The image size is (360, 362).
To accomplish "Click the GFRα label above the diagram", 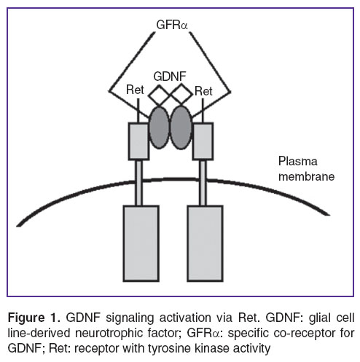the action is (x=172, y=25).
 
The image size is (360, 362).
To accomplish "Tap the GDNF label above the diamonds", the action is (x=170, y=76).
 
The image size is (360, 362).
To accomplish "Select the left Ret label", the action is (x=135, y=90).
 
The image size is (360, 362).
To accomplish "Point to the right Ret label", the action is (x=203, y=91).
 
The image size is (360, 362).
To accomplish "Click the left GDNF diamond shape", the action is (x=159, y=95).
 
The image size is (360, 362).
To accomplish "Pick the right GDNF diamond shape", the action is (x=181, y=94).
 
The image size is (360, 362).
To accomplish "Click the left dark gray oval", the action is (x=159, y=127).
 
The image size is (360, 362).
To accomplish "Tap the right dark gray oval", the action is (x=181, y=127).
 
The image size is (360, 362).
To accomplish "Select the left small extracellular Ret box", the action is (x=138, y=141).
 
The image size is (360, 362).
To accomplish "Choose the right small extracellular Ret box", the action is (x=203, y=141).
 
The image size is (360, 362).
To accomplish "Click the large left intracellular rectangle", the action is (x=141, y=243).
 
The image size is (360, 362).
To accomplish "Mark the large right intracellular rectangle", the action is (x=205, y=243).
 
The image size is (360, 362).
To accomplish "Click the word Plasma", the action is (x=297, y=161).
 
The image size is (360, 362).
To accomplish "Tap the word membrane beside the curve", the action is (x=306, y=176).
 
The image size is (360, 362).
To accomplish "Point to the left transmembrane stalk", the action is (x=138, y=183).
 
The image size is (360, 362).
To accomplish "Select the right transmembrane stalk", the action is (x=203, y=183).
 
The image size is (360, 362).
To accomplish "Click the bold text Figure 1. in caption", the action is (x=34, y=318).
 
